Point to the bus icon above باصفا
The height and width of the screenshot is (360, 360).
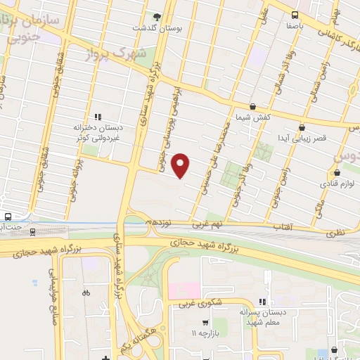point(295,15)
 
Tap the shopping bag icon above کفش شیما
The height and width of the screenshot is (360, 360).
point(252,106)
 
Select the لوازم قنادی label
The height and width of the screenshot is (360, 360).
point(337,183)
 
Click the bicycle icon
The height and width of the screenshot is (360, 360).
point(86,292)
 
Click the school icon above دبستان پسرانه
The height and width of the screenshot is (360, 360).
point(264,301)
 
